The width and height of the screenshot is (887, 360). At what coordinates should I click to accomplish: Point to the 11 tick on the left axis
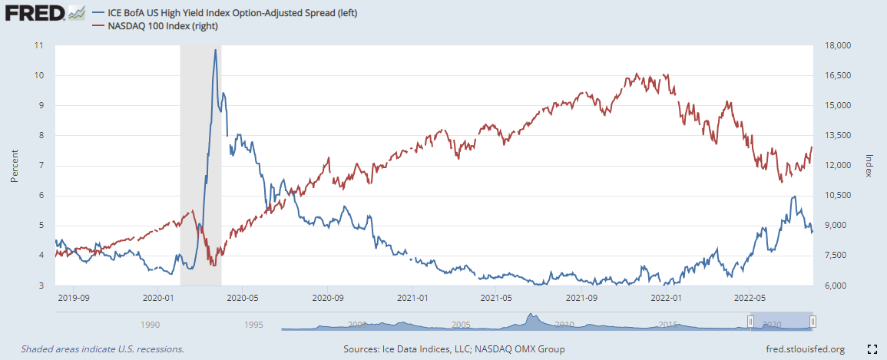(x=39, y=45)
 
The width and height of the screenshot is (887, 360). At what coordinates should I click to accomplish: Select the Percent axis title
(x=13, y=165)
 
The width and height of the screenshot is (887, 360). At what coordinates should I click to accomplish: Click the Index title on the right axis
(x=869, y=165)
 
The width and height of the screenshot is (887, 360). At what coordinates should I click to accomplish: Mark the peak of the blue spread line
(x=215, y=50)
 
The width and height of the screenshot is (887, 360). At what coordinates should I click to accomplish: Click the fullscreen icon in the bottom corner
(x=872, y=349)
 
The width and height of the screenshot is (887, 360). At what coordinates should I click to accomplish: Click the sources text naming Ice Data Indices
(x=454, y=349)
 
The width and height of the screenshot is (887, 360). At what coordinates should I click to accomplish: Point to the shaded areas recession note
(x=102, y=349)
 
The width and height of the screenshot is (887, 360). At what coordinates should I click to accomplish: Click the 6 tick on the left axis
(x=40, y=195)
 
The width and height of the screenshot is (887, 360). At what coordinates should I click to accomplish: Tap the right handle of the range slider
(x=813, y=322)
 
